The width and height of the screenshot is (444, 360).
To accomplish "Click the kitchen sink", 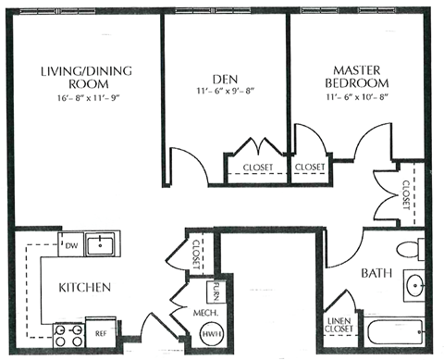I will pos(100,245).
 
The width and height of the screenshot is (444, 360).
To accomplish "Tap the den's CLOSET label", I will pos(257,168).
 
